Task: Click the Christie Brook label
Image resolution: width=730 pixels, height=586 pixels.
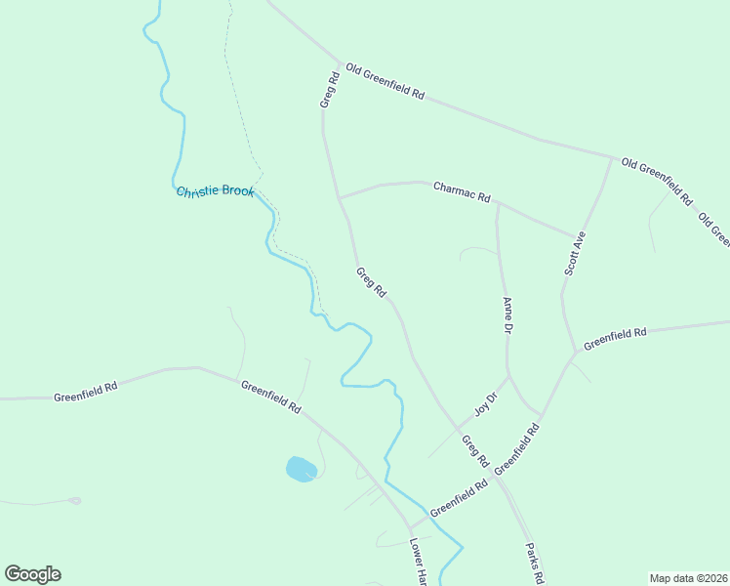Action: tap(215, 191)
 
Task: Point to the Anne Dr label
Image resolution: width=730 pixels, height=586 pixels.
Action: tap(507, 315)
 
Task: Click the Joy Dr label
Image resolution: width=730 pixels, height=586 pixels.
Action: tap(485, 402)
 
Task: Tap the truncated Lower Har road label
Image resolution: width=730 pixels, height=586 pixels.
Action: tap(419, 563)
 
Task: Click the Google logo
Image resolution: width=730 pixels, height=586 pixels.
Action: tap(32, 574)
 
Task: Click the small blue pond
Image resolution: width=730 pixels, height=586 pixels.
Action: tap(301, 469)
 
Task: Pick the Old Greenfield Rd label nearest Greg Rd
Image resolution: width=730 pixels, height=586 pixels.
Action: tap(385, 83)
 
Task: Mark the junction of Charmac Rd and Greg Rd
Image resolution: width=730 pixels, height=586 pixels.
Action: tap(340, 197)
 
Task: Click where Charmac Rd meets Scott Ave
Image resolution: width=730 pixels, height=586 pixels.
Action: tap(576, 236)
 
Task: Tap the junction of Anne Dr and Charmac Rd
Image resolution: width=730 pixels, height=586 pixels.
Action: tap(498, 203)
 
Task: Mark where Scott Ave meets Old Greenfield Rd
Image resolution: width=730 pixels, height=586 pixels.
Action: tap(612, 156)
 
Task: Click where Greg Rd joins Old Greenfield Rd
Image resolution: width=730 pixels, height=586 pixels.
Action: tap(341, 63)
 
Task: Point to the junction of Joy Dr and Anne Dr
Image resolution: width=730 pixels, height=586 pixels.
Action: tap(509, 374)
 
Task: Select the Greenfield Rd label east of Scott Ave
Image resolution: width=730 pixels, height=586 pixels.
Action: tap(615, 339)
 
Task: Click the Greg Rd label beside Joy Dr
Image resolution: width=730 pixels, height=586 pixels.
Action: tap(474, 450)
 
